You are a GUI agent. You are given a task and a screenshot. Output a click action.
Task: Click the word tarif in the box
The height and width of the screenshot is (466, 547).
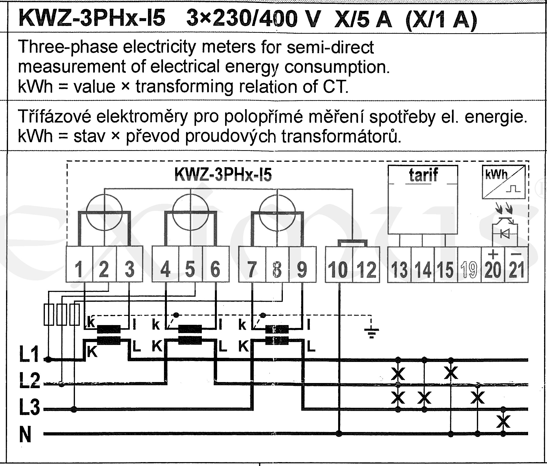point(424,175)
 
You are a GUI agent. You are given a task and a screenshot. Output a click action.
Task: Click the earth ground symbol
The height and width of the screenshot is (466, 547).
point(371,332)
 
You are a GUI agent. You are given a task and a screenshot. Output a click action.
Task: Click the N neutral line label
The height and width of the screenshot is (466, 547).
point(25,434)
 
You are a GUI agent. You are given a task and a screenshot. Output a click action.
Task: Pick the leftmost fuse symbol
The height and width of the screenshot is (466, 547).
point(49,314)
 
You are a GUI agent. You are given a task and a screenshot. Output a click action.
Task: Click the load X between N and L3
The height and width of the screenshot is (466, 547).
point(503,422)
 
